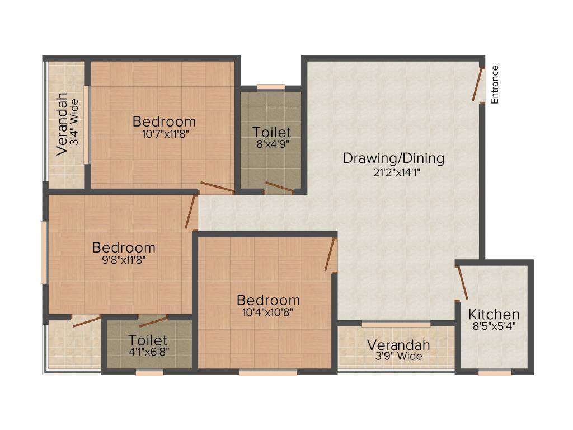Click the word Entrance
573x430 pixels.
(x=495, y=85)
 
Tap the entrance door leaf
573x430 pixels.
(x=477, y=85)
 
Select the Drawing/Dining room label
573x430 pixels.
(x=393, y=158)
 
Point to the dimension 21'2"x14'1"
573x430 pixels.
(x=397, y=172)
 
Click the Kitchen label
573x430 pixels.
(x=494, y=314)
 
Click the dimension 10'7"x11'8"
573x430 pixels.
(x=165, y=133)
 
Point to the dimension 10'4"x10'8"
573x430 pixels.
(x=268, y=312)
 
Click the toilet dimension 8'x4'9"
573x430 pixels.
(x=271, y=144)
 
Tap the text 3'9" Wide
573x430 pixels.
(x=398, y=356)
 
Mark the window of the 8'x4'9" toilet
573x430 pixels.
(x=271, y=87)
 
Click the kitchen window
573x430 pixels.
(x=495, y=372)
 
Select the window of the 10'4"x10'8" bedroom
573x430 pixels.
(x=268, y=372)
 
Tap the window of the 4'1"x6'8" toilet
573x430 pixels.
(x=149, y=372)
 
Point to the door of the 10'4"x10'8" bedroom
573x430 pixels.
(x=331, y=255)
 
